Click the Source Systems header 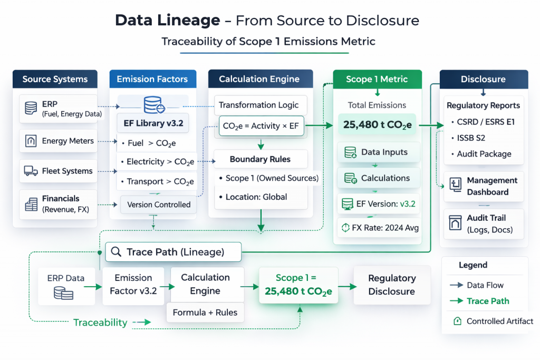pyautogui.click(x=55, y=80)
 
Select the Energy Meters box pyautogui.click(x=58, y=141)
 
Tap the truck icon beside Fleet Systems pyautogui.click(x=31, y=171)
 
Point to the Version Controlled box pyautogui.click(x=158, y=205)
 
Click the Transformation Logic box pyautogui.click(x=258, y=105)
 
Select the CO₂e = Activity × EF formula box pyautogui.click(x=260, y=127)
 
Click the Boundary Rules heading pyautogui.click(x=260, y=159)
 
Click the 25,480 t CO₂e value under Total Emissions pyautogui.click(x=377, y=125)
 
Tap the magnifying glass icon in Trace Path pyautogui.click(x=116, y=252)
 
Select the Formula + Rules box pyautogui.click(x=205, y=312)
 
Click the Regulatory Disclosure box pyautogui.click(x=391, y=285)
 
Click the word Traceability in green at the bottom pyautogui.click(x=100, y=323)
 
